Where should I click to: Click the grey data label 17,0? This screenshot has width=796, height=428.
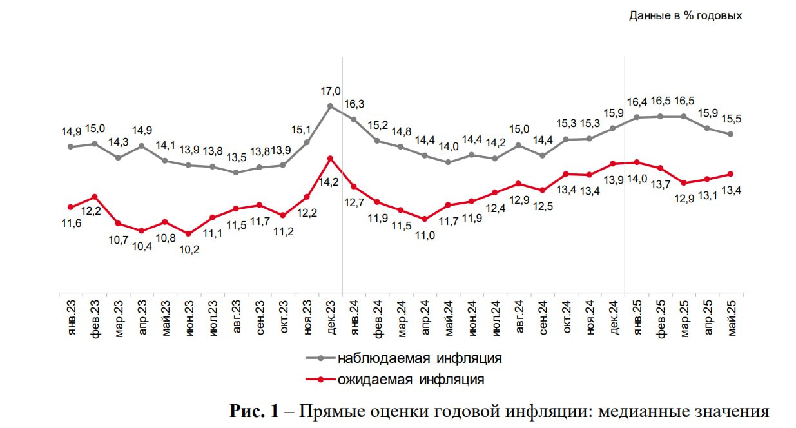click(x=331, y=92)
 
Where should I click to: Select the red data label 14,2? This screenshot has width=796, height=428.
click(x=330, y=182)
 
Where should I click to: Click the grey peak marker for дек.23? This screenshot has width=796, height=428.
click(x=331, y=106)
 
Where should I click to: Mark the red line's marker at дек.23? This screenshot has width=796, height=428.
click(x=331, y=158)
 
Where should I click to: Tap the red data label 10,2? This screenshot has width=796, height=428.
click(x=188, y=250)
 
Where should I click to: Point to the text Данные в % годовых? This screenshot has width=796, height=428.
click(x=685, y=15)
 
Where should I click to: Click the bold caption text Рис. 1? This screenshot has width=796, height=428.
click(x=254, y=411)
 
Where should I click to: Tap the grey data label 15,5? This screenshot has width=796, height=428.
click(x=730, y=119)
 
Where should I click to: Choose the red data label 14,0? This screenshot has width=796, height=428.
click(x=636, y=179)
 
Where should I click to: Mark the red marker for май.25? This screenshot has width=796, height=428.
click(x=730, y=173)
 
